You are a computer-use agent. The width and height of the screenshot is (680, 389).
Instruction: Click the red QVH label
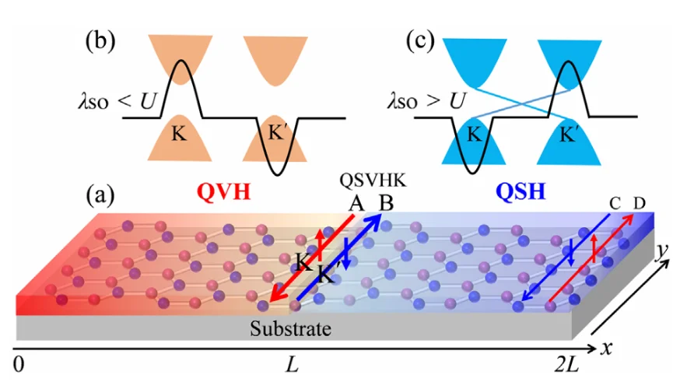[225, 190]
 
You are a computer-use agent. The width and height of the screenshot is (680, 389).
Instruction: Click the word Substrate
[290, 328]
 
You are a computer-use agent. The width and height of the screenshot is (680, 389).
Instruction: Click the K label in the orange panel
[180, 135]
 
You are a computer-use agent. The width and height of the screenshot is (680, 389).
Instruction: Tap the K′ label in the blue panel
[572, 135]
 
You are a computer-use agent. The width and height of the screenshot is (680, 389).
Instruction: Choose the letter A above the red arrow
[356, 203]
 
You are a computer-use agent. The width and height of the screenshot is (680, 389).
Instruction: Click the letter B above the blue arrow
[385, 203]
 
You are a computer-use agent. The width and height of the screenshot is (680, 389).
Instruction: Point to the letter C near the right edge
[615, 204]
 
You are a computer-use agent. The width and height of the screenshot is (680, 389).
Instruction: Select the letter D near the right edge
[639, 204]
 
